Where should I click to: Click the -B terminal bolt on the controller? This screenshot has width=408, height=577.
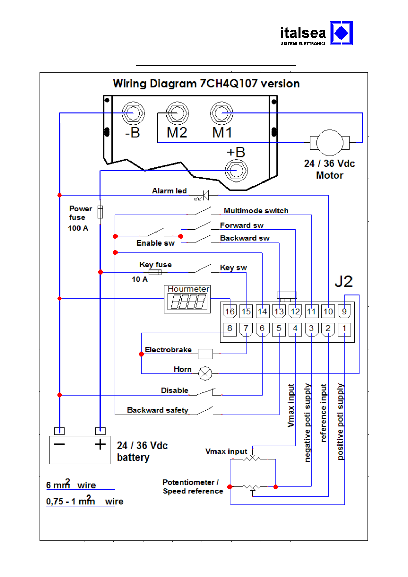(133, 113)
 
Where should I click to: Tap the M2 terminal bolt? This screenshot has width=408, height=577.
(177, 113)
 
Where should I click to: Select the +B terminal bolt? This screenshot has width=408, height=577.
(236, 171)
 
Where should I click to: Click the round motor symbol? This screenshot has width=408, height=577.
(330, 143)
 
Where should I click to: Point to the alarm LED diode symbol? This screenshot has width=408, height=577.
(206, 195)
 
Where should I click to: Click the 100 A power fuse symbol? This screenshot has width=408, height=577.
(100, 212)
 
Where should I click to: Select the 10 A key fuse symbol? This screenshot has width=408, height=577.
(155, 272)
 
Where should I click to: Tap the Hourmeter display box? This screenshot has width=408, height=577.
(187, 299)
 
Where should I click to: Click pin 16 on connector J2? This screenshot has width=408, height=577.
(230, 311)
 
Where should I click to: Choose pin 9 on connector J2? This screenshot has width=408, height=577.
(344, 311)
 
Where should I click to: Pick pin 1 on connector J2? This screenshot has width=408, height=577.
(344, 329)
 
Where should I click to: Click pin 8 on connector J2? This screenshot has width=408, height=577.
(230, 329)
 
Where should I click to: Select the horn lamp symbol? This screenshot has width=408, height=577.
(205, 374)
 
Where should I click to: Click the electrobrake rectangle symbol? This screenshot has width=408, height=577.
(206, 354)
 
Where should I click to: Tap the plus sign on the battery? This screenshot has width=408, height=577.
(100, 444)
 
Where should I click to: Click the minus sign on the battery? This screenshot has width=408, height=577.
(60, 444)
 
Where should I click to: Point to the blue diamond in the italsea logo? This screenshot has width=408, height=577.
(341, 33)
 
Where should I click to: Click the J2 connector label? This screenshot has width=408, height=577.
(344, 281)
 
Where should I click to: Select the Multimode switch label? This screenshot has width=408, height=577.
(256, 211)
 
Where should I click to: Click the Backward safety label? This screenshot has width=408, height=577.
(158, 410)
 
